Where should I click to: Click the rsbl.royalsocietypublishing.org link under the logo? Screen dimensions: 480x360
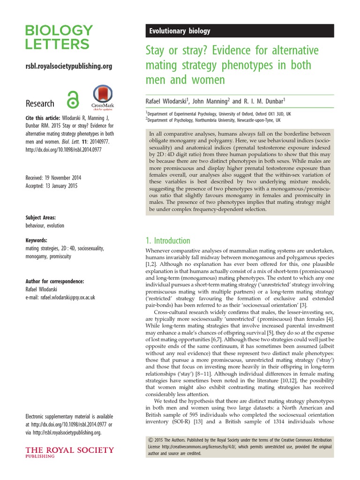tap(68, 67)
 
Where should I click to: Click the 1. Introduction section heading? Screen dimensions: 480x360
tap(169, 241)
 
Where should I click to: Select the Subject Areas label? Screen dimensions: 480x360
tap(40, 217)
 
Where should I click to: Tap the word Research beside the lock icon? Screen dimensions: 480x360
tap(40, 104)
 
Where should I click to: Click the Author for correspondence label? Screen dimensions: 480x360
tap(54, 281)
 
